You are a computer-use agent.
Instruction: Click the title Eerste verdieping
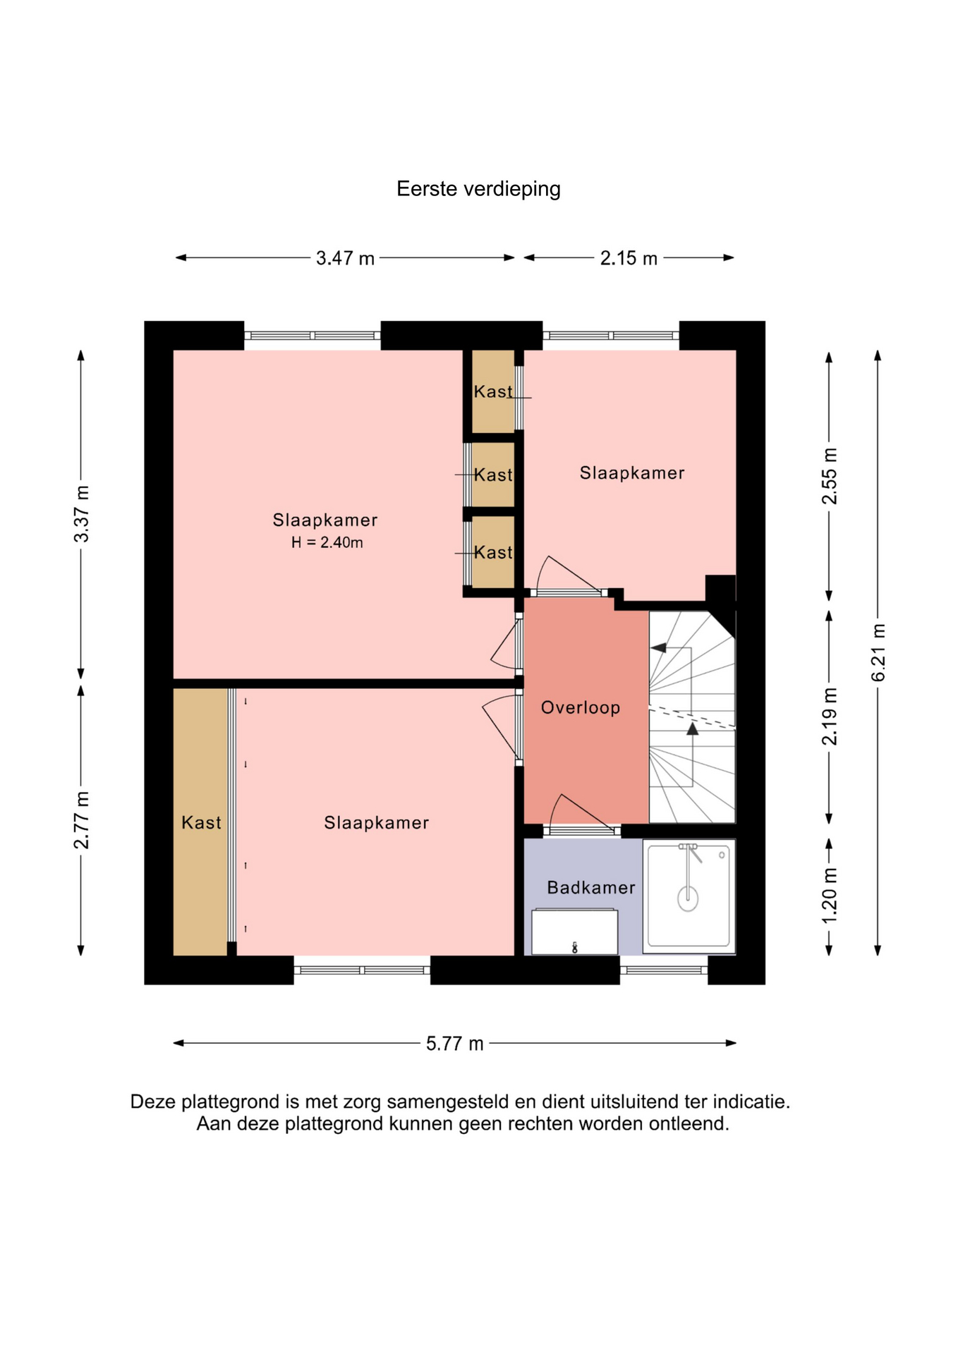pos(478,189)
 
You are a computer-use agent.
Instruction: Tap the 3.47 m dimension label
pos(345,258)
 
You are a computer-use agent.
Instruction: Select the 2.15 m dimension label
pos(629,258)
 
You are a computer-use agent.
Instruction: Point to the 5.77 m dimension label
pos(454,1043)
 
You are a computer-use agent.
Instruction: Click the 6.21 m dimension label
pos(878,652)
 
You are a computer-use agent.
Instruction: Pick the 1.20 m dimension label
pos(830,896)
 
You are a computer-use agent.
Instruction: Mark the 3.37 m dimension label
pos(82,514)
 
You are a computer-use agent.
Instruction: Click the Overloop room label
pos(581,707)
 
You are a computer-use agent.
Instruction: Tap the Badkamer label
pos(591,887)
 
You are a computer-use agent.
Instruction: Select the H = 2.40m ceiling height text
pos(327,542)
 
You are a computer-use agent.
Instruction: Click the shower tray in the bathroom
pos(689,896)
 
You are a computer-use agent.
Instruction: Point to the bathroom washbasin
pos(575,932)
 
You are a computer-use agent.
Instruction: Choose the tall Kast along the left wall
pos(201,822)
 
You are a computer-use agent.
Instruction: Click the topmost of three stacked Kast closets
pos(493,391)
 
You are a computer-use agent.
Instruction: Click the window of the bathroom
pos(664,970)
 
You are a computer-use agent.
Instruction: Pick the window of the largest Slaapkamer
pos(313,336)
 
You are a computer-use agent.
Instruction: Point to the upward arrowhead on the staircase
pos(693,729)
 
